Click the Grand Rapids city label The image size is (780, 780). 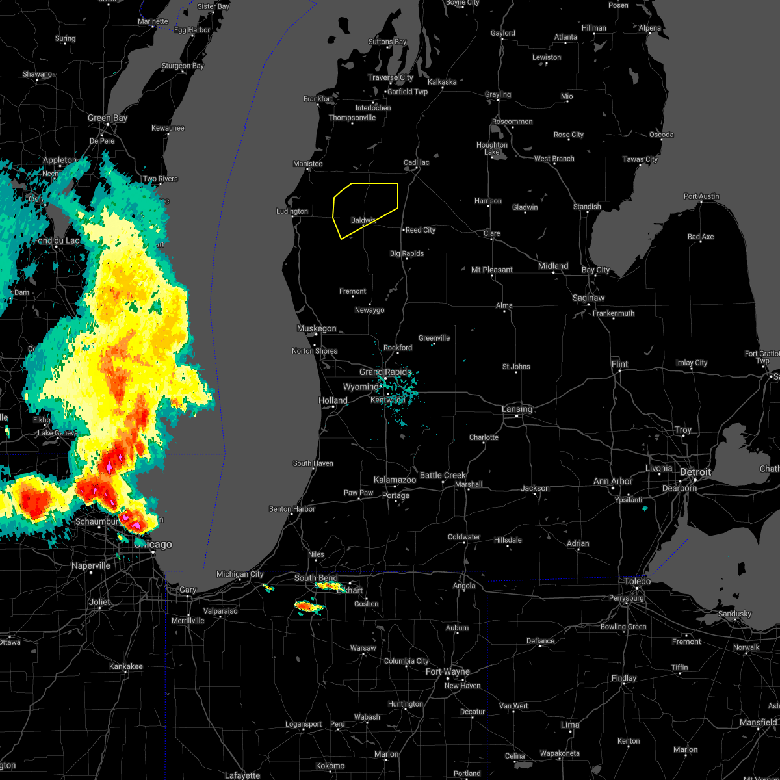[385, 372]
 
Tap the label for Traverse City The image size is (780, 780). [390, 77]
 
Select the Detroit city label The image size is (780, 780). [695, 472]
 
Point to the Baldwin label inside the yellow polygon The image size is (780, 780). [363, 220]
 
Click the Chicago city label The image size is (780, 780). [153, 545]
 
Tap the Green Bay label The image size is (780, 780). [107, 118]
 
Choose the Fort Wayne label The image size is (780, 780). [448, 671]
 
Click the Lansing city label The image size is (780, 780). [517, 409]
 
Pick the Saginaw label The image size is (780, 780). [589, 298]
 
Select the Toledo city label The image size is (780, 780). [637, 581]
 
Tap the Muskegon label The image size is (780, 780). [317, 328]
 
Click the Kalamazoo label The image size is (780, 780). [395, 480]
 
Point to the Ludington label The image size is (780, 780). [292, 211]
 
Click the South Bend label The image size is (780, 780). [316, 578]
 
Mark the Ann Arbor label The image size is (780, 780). [612, 481]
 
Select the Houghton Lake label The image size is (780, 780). [492, 149]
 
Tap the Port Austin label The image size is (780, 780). [701, 196]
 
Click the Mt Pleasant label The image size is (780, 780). [492, 270]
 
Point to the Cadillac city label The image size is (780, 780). [417, 162]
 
